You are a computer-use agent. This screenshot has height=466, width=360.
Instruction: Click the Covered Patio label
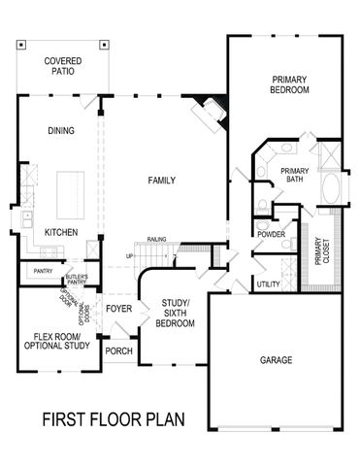coord(62,67)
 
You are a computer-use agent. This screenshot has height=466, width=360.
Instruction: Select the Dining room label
coord(62,131)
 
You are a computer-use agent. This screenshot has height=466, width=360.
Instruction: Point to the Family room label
coord(161,181)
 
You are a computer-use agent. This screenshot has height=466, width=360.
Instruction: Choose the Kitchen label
coord(62,233)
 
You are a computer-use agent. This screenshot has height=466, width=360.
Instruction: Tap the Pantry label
coord(43,271)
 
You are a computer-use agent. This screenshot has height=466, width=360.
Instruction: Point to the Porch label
coord(118,351)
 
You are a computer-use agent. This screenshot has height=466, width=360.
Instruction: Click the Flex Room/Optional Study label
coord(56,340)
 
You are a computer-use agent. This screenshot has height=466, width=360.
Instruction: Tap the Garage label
coord(277,359)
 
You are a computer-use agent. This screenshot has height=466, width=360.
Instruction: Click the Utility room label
coord(269,283)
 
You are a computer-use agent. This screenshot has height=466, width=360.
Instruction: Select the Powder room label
coord(270,234)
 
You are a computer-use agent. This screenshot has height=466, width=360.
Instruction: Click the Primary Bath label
coord(294,176)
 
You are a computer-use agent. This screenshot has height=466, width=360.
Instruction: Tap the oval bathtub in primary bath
coord(329,190)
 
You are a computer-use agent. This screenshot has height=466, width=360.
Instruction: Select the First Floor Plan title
coord(113,420)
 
